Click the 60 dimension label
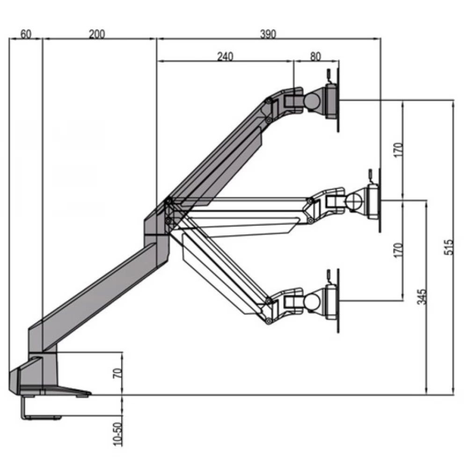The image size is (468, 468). pyautogui.click(x=26, y=34)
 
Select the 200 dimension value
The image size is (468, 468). pyautogui.click(x=97, y=34)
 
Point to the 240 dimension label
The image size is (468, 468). pyautogui.click(x=225, y=56)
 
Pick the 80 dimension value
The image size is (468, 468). pyautogui.click(x=315, y=56)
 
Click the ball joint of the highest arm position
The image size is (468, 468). pyautogui.click(x=313, y=100)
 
